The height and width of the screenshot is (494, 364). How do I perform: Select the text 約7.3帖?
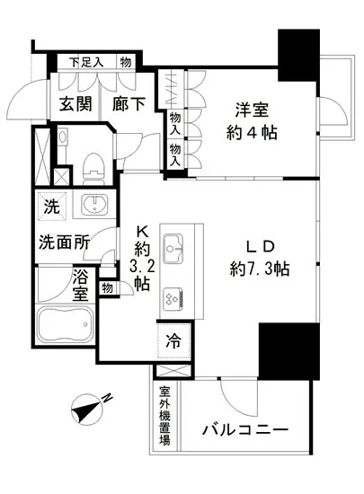click(x=260, y=267)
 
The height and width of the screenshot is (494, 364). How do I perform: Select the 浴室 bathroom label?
click(x=80, y=288)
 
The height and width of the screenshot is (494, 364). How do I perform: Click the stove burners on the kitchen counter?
click(x=171, y=297)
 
